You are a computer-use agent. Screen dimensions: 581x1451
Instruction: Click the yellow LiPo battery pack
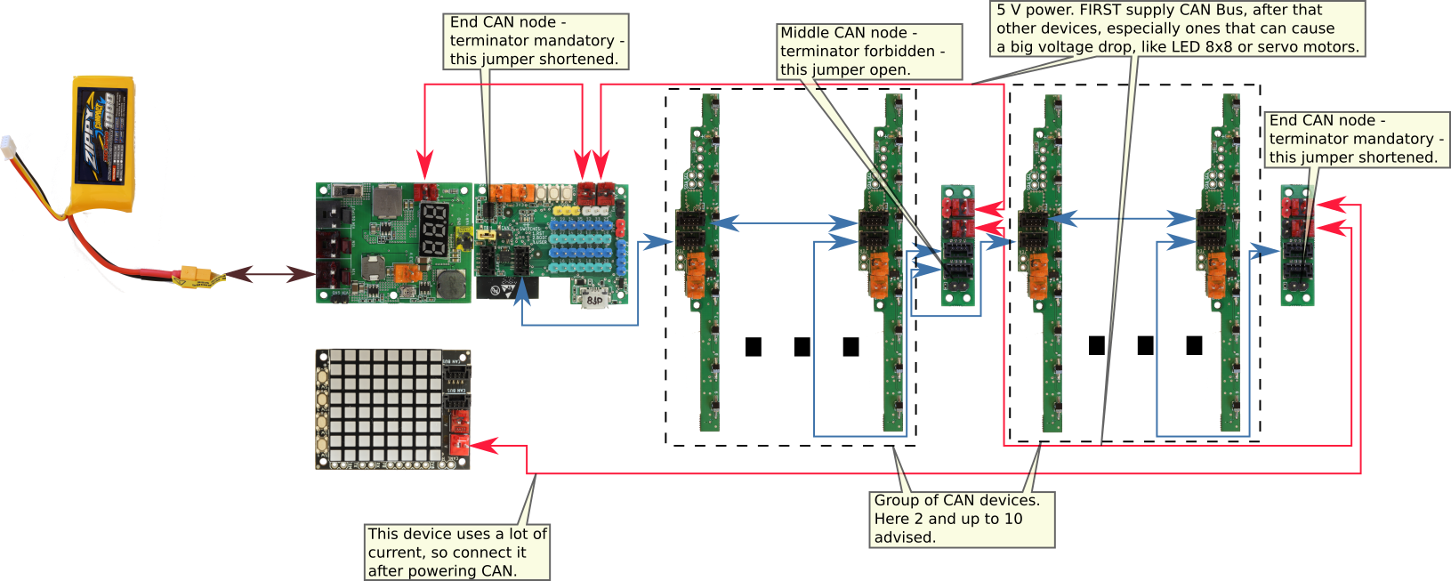pyautogui.click(x=103, y=142)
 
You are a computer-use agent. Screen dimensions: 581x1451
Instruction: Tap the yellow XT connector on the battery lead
pyautogui.click(x=197, y=278)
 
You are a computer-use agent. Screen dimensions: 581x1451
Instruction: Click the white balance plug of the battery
pyautogui.click(x=9, y=146)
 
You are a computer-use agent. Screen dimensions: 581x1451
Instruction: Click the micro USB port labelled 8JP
pyautogui.click(x=593, y=300)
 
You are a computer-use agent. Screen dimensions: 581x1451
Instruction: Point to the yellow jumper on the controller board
pyautogui.click(x=485, y=235)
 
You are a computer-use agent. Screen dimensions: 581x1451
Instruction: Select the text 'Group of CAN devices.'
pyautogui.click(x=956, y=500)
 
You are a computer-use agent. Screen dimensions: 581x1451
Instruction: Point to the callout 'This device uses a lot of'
pyautogui.click(x=457, y=534)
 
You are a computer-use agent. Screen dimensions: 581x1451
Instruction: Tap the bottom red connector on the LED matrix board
pyautogui.click(x=458, y=441)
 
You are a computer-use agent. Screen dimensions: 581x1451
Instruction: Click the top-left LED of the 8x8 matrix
pyautogui.click(x=337, y=357)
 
